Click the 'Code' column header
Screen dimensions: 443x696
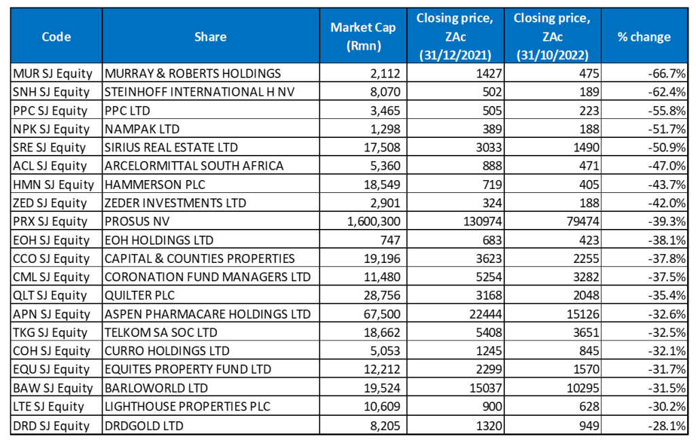[56, 37]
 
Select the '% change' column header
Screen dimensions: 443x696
[643, 37]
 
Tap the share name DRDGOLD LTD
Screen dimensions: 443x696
[140, 425]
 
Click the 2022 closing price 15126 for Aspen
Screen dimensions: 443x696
[580, 314]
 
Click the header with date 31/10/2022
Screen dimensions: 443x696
[552, 37]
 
